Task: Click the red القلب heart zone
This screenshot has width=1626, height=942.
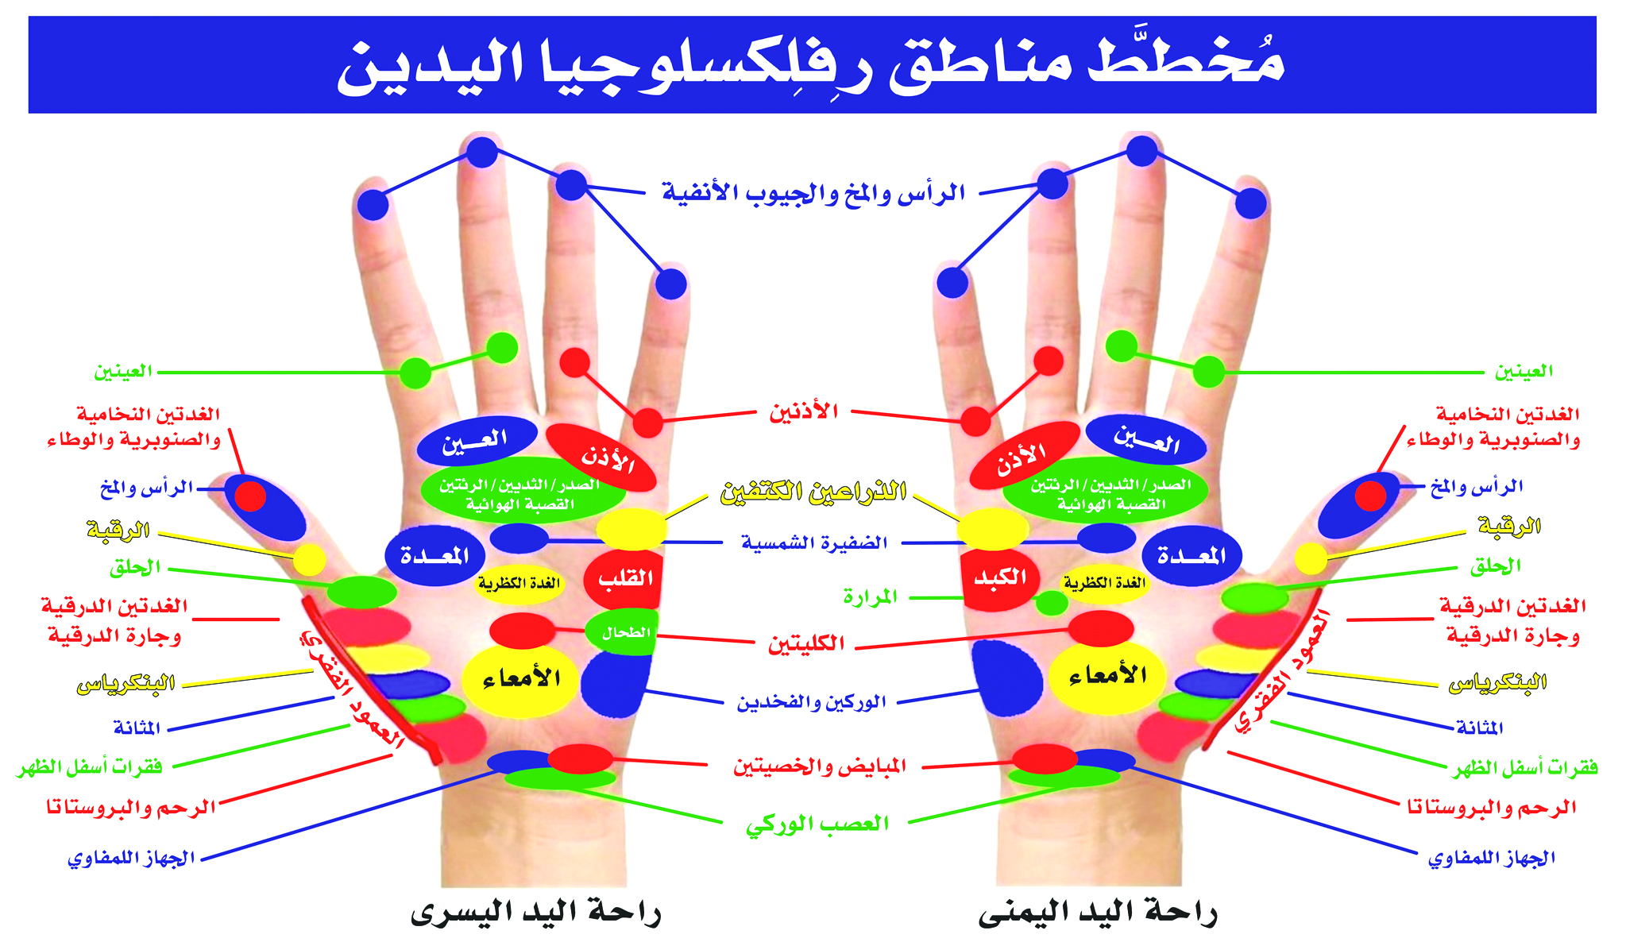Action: tap(624, 578)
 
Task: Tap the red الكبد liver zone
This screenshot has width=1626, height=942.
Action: tap(998, 578)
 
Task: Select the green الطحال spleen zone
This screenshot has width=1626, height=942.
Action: tap(623, 632)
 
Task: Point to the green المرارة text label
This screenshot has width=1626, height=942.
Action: tap(870, 596)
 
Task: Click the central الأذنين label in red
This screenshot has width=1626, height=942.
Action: tap(803, 411)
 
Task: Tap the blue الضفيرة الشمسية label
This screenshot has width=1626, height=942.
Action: tap(814, 543)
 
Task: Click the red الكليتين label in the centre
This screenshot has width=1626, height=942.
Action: tap(805, 643)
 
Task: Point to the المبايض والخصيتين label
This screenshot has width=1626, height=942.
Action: tap(819, 766)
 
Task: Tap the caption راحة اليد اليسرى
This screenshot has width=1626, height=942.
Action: tap(535, 912)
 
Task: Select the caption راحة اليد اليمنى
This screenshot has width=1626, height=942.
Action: tap(1098, 912)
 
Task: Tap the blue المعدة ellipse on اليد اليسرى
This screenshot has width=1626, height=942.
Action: tap(435, 556)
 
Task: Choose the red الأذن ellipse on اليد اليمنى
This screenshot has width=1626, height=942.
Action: tap(1025, 455)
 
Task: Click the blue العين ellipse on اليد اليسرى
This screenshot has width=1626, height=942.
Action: tap(477, 441)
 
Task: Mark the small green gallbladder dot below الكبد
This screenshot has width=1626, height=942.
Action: tap(1052, 603)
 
